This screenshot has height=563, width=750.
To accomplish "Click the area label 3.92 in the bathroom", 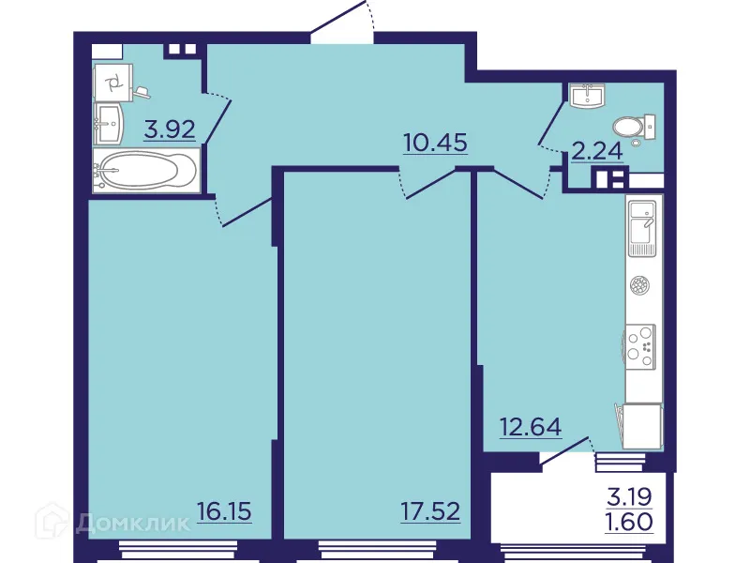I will pos(170,129).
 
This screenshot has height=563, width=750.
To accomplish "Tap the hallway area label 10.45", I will pos(435,144).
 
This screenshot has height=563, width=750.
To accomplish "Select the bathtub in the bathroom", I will pos(145,173).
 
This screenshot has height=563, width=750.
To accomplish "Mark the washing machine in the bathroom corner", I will pos(114,82).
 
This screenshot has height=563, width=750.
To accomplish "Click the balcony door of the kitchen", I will pos(567,451).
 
